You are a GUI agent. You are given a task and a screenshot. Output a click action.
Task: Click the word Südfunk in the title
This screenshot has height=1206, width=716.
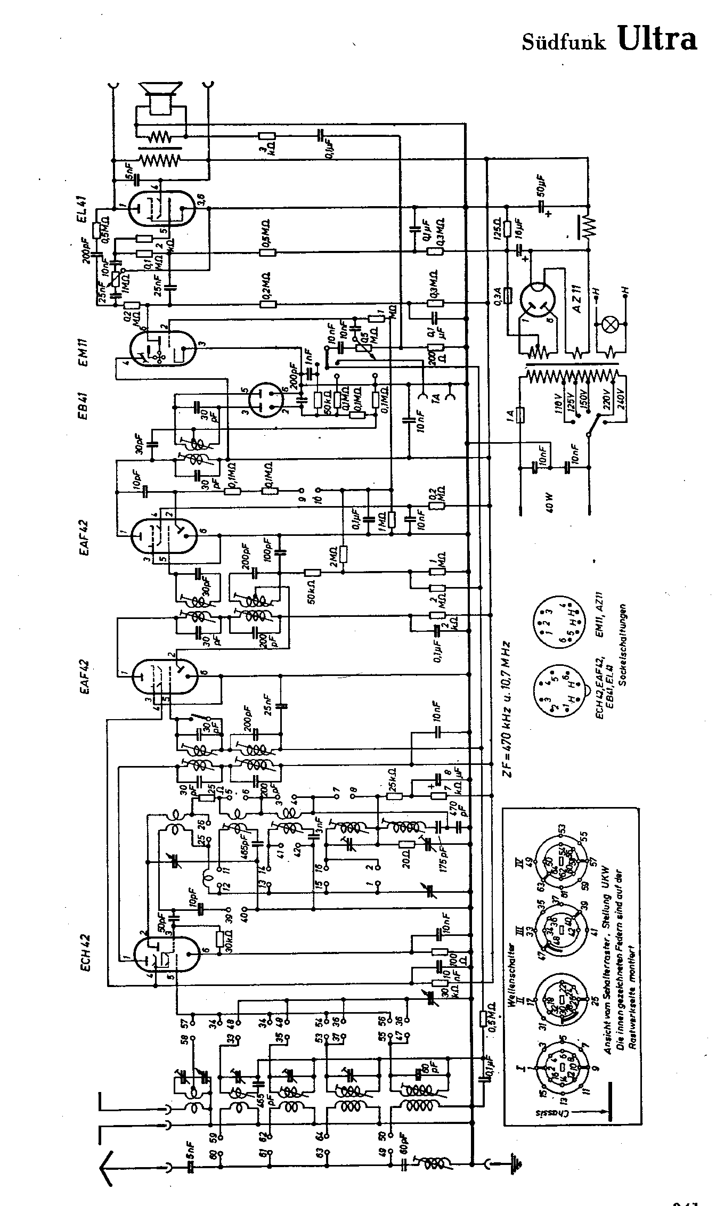(x=564, y=42)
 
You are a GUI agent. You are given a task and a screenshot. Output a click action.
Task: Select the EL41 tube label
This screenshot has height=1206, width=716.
(x=86, y=210)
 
